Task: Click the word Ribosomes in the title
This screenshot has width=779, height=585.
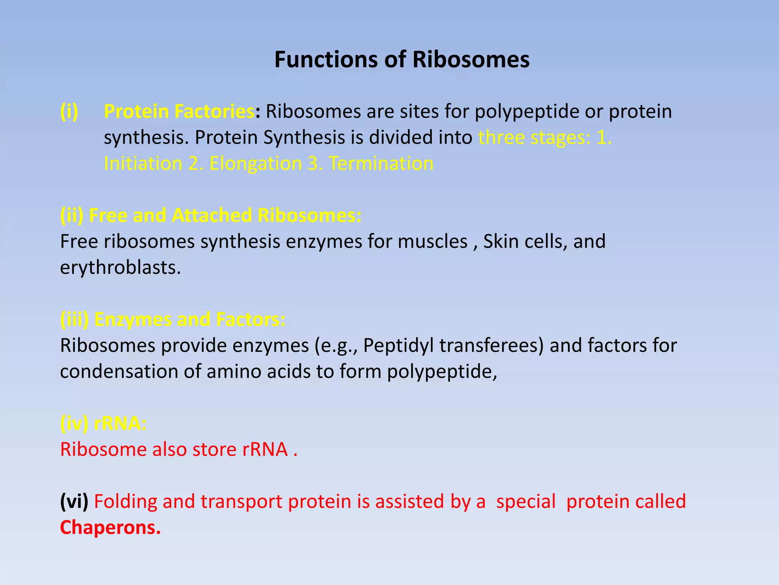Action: (x=471, y=60)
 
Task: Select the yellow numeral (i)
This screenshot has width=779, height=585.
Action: (x=69, y=112)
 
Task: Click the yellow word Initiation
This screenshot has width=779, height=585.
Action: (x=143, y=164)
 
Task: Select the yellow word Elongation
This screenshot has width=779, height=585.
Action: (x=255, y=164)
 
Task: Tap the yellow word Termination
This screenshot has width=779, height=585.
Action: (x=381, y=164)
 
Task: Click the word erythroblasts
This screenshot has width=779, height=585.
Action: (x=120, y=268)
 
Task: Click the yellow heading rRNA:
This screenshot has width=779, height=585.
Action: (x=120, y=424)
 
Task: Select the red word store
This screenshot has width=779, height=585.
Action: (x=215, y=449)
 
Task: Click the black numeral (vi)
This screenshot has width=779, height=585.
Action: (x=74, y=502)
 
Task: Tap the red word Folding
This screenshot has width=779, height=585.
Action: (x=126, y=502)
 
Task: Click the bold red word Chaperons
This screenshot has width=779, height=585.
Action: (x=110, y=528)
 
